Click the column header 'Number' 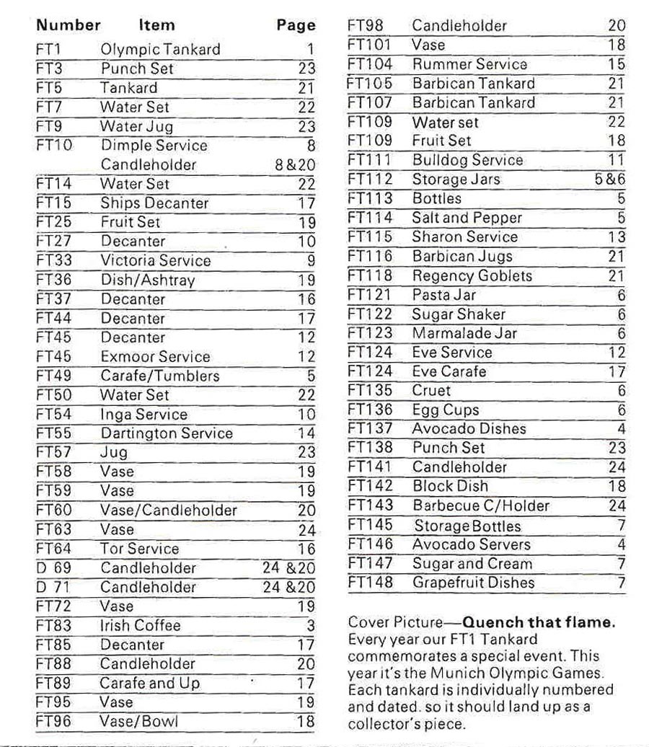pyautogui.click(x=69, y=25)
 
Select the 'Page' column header pyautogui.click(x=296, y=25)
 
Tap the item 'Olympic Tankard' pyautogui.click(x=160, y=50)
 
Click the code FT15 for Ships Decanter pyautogui.click(x=53, y=203)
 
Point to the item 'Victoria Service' pyautogui.click(x=155, y=260)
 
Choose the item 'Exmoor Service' pyautogui.click(x=155, y=356)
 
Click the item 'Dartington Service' pyautogui.click(x=167, y=433)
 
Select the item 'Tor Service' pyautogui.click(x=139, y=549)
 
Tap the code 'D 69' pyautogui.click(x=53, y=567)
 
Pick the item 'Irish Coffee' pyautogui.click(x=140, y=625)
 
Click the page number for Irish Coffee pyautogui.click(x=311, y=625)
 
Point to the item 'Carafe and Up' pyautogui.click(x=150, y=683)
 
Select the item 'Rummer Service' pyautogui.click(x=469, y=64)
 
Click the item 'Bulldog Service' pyautogui.click(x=467, y=160)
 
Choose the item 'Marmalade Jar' pyautogui.click(x=464, y=333)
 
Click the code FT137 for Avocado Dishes pyautogui.click(x=371, y=429)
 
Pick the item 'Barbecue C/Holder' pyautogui.click(x=481, y=505)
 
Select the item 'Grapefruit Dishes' pyautogui.click(x=474, y=583)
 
